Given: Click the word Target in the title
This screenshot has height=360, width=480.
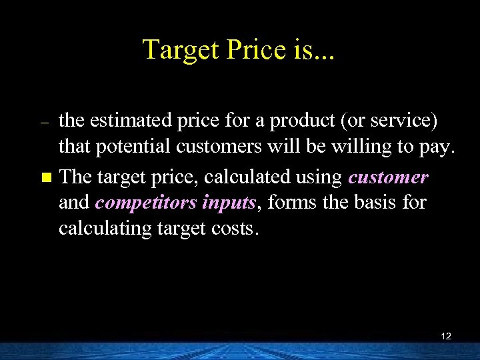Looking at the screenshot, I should point(177,49).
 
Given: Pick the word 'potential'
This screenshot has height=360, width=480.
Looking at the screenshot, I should point(126,146).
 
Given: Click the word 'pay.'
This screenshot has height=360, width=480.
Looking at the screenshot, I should point(437,147).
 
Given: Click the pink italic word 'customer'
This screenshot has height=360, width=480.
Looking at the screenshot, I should point(388,177).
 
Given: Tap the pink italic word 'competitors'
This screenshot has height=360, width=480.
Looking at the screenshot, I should point(139,203).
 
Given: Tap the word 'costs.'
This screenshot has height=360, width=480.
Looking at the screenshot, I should point(234,228).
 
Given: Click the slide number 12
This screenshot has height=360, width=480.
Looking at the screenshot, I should point(446,336).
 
